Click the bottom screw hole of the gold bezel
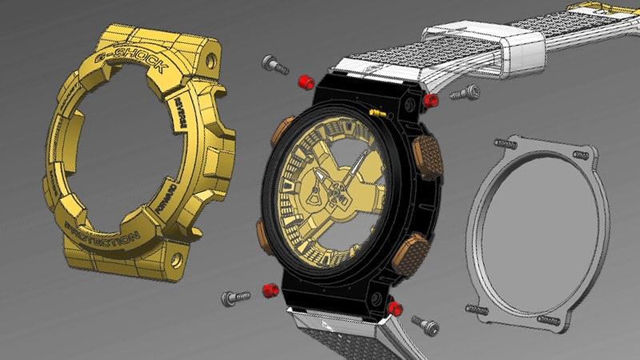point(175,258)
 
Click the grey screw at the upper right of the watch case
point(465,94)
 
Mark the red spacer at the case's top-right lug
point(430,101)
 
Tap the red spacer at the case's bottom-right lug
point(394,307)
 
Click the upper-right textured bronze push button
point(428,150)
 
